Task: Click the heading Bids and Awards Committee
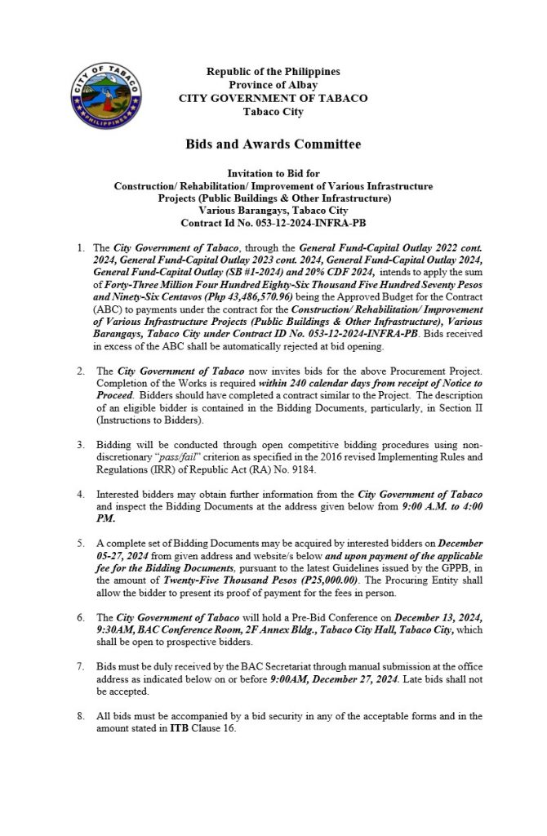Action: pyautogui.click(x=273, y=145)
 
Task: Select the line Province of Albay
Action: pyautogui.click(x=273, y=85)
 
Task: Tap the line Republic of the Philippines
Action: pyautogui.click(x=273, y=73)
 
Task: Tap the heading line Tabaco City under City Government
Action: pyautogui.click(x=273, y=110)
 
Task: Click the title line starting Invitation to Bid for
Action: pyautogui.click(x=273, y=174)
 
